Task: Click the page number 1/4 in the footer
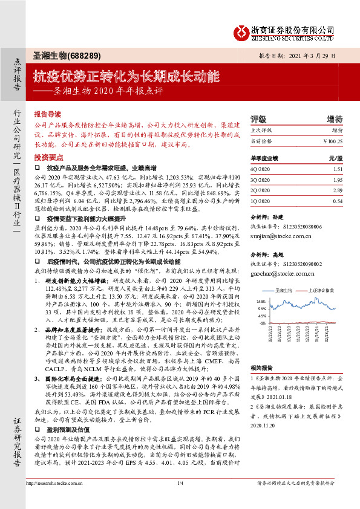[180, 499]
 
